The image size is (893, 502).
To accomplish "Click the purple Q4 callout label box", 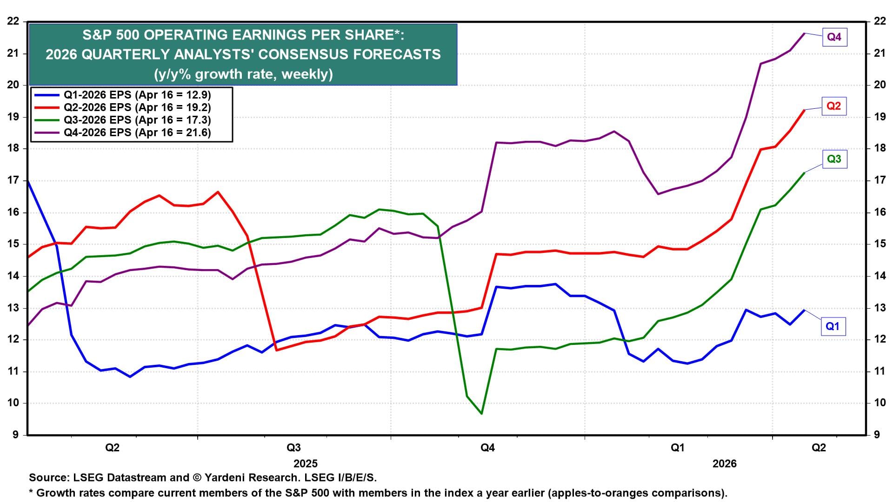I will tap(834, 37).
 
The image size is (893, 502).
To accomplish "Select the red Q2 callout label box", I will tap(833, 106).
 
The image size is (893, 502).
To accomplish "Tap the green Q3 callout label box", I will tap(834, 159).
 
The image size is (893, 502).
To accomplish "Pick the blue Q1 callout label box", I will tap(832, 326).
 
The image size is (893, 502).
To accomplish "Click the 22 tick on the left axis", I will tap(13, 21).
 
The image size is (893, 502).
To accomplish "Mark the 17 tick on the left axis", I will tap(13, 180).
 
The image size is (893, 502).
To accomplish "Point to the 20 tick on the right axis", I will tap(879, 85).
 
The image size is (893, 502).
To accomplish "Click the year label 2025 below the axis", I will tap(306, 463).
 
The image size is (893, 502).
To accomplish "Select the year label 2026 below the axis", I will tap(725, 463).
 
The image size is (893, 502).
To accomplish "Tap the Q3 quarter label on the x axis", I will tap(293, 448).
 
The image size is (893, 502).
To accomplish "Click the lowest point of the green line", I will tap(481, 413).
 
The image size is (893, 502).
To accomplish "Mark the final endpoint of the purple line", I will tap(804, 33).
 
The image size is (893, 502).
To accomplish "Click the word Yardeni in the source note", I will tap(226, 477).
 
